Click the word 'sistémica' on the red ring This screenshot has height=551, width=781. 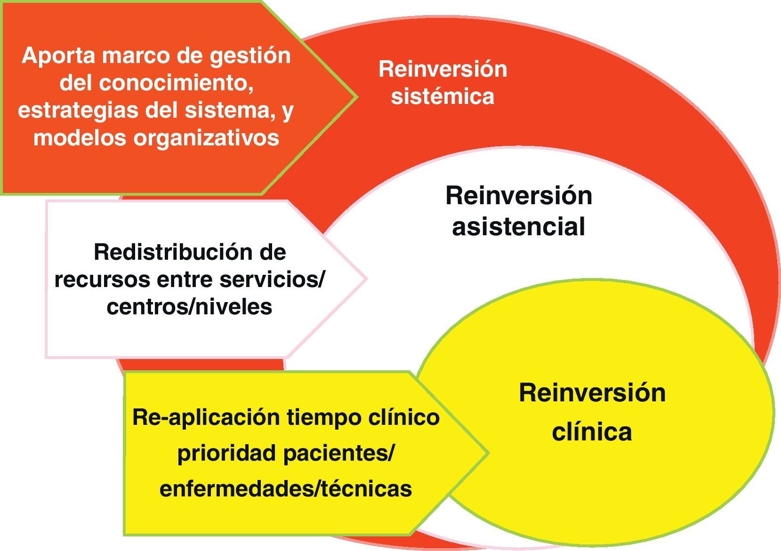443,96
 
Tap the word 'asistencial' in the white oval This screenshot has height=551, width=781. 518,226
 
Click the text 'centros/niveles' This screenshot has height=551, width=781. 189,307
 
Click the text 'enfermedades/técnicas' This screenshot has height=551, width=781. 285,489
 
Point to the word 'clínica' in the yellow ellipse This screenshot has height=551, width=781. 592,432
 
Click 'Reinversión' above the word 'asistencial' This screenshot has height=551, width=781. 518,195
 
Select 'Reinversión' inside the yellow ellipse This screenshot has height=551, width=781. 592,393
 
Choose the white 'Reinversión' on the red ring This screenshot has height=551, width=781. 443,69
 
